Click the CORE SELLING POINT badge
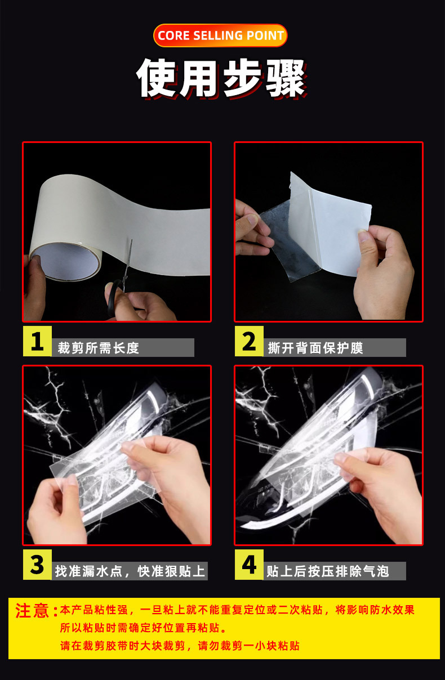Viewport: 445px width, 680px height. click(220, 35)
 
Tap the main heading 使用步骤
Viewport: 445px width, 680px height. click(221, 78)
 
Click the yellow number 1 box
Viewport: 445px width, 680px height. click(37, 341)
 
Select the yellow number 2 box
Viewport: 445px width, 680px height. click(249, 341)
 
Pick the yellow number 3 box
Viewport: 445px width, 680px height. click(37, 565)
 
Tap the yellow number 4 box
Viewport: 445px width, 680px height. click(249, 565)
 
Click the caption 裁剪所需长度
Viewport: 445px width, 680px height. click(99, 348)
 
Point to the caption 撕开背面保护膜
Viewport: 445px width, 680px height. click(315, 348)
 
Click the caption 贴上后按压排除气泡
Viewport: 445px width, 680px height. click(328, 571)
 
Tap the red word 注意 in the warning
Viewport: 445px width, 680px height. click(32, 611)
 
